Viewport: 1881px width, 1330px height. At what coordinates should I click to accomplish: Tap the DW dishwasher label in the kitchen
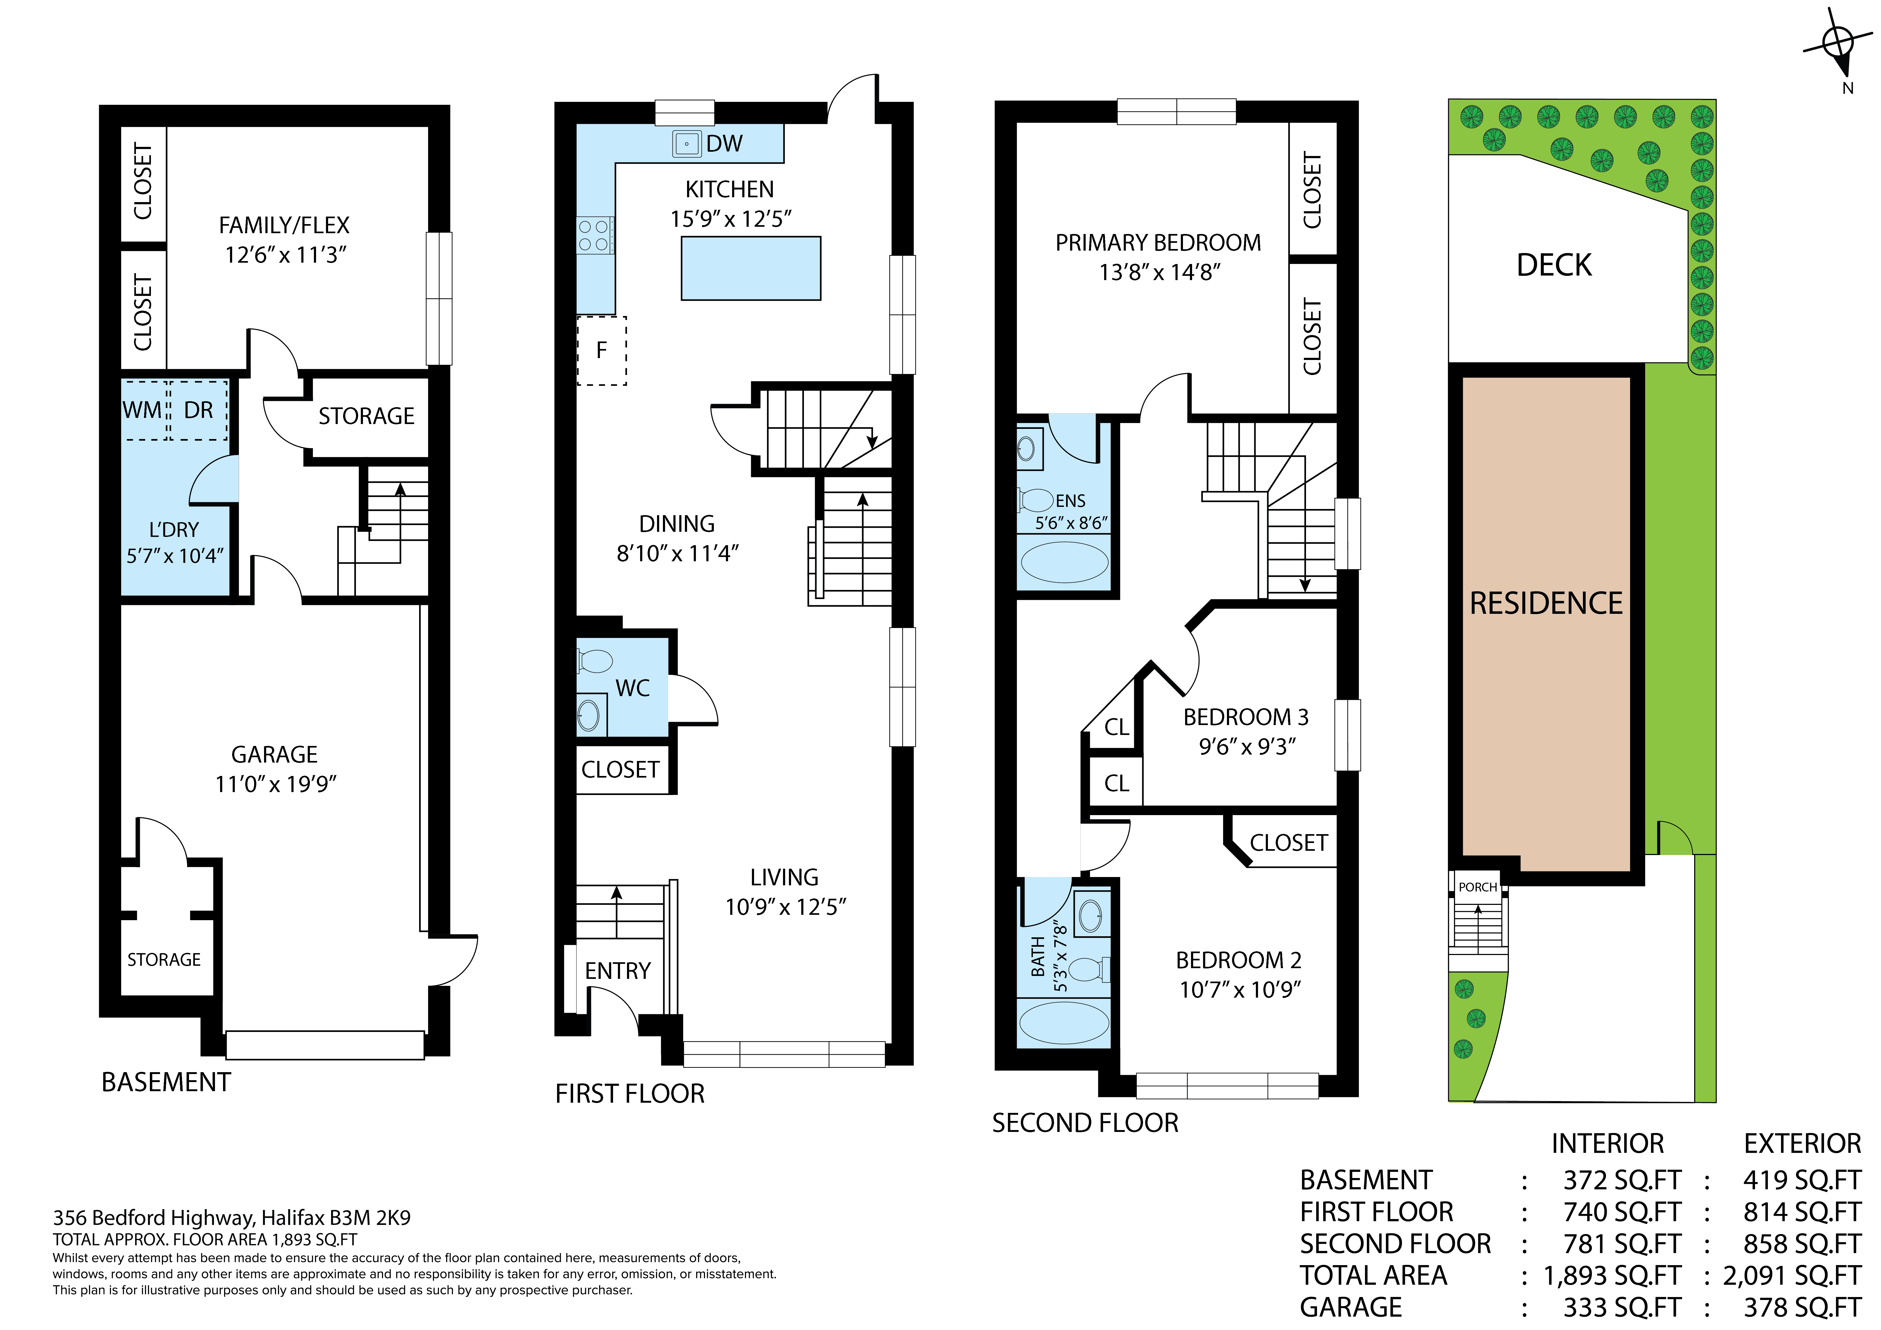point(724,144)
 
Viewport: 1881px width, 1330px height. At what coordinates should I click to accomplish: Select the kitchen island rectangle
point(750,268)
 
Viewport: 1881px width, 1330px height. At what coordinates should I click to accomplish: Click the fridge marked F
point(601,351)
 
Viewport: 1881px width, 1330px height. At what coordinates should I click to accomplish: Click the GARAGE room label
point(274,754)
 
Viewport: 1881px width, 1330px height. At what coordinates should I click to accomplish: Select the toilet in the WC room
point(595,660)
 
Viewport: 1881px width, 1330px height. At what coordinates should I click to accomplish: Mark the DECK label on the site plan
point(1554,265)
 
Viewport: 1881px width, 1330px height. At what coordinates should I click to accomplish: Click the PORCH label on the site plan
point(1478,887)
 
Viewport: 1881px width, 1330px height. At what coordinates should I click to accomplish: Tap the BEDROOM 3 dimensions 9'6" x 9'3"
point(1247,747)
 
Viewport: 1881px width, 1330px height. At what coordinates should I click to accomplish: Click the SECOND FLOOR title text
point(1085,1123)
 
